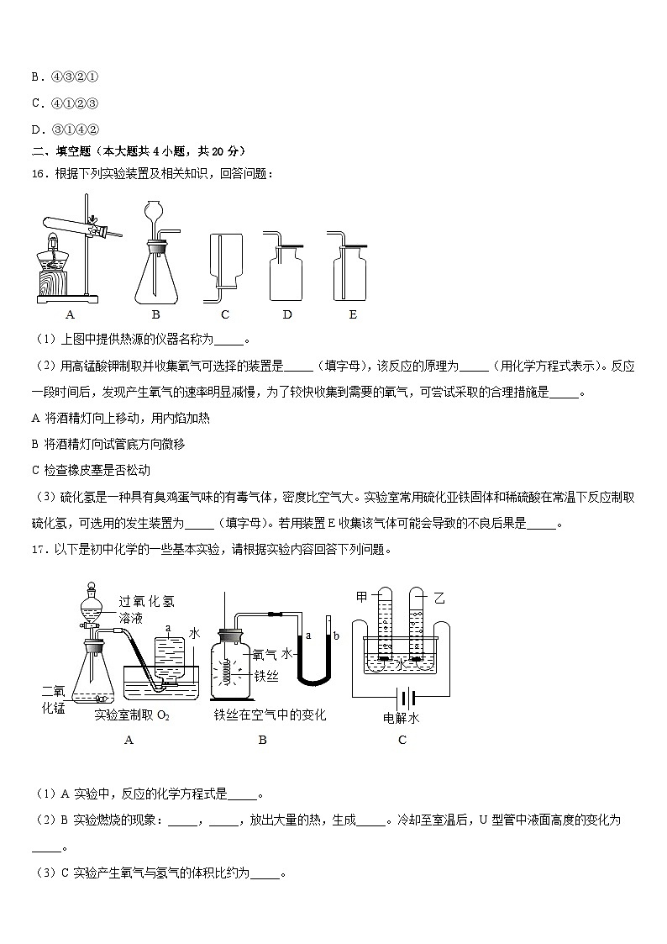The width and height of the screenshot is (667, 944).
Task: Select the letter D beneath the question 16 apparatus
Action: click(x=287, y=314)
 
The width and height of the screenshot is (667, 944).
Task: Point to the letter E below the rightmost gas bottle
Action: click(x=352, y=314)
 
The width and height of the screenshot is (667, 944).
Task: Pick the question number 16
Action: click(x=39, y=173)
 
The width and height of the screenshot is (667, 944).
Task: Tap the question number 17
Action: click(x=39, y=550)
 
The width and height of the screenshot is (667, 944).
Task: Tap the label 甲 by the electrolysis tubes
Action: click(x=362, y=597)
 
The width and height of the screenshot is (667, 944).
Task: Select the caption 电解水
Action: click(x=401, y=717)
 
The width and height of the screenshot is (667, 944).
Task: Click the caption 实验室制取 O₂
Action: click(x=132, y=715)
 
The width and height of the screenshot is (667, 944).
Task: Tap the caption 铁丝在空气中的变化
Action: click(x=269, y=715)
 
